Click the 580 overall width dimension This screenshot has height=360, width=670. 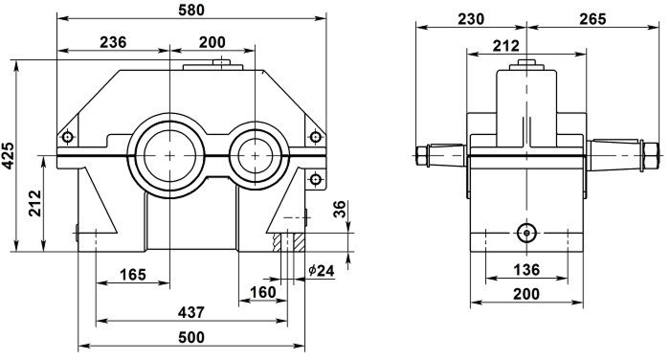coord(191,10)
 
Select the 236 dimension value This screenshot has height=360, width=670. coord(113,42)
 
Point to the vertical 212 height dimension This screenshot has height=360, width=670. coord(35,203)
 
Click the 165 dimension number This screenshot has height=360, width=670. coord(133,274)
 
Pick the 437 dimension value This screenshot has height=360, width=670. coord(191,312)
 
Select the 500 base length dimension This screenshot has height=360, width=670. coord(191,337)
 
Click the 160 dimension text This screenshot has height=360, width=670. coord(262,292)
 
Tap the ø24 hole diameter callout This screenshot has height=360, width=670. coord(322,270)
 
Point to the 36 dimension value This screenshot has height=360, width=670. coord(340,209)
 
